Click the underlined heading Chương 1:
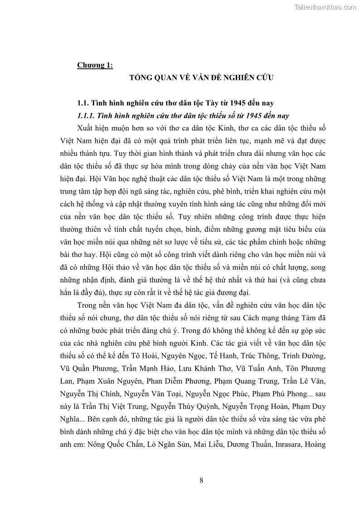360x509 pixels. coord(95,65)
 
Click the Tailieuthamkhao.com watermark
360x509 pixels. coord(325,7)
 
